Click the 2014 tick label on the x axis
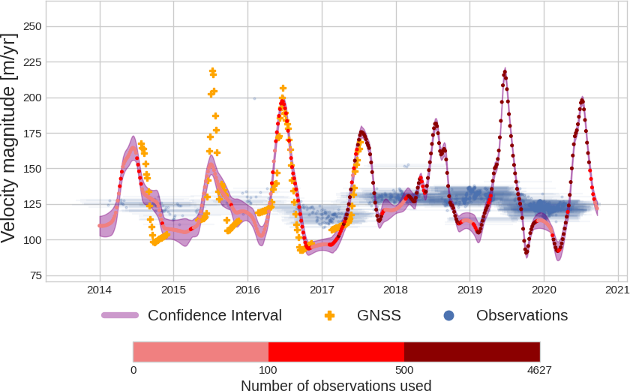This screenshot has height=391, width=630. pos(100,290)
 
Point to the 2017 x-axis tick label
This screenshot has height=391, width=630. pos(322,290)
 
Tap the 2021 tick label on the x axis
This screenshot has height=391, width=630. pos(616,290)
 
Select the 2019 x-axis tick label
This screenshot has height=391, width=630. pos(469,290)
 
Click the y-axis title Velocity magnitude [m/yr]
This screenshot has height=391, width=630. pos(9,138)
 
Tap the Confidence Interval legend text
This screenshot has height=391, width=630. pos(214,315)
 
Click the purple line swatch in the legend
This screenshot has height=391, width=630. pos(120,315)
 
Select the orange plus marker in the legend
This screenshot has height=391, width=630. pos(328,315)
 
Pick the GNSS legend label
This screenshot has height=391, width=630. pos(379,315)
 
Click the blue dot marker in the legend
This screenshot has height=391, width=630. pos(448,315)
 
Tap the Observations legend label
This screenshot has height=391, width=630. pos(522,315)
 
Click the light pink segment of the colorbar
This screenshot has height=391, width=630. pos(200,352)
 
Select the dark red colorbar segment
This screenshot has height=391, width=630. pos(472,352)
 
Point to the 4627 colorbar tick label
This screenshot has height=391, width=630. pos(540,370)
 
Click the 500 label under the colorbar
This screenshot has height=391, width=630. pos(404,370)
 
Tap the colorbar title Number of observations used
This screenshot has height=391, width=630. pos(336,386)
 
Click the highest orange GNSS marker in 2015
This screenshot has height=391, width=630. pos(212,71)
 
